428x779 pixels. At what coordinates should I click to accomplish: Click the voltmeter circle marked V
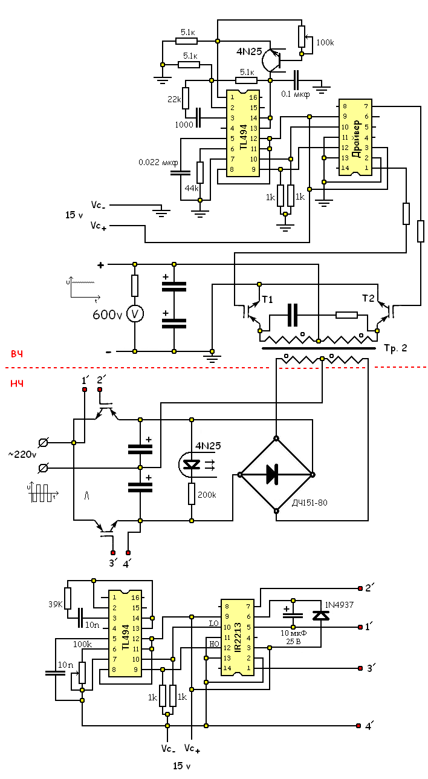(135, 314)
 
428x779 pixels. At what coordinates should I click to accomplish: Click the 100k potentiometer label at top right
(325, 42)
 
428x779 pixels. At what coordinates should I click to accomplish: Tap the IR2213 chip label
(238, 637)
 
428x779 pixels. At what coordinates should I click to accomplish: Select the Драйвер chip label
(356, 139)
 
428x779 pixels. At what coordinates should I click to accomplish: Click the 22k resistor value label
(174, 99)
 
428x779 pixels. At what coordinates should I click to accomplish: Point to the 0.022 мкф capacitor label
(158, 163)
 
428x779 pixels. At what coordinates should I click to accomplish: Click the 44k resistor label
(192, 188)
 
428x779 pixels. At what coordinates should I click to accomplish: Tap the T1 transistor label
(267, 299)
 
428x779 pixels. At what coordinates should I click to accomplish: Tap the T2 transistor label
(368, 298)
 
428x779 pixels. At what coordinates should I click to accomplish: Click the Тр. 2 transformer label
(396, 348)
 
